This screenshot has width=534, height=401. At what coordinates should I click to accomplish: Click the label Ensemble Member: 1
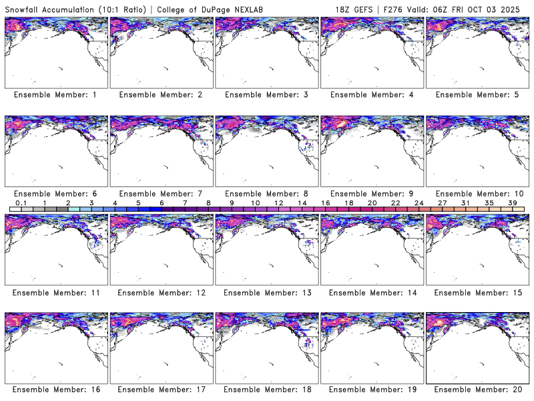coord(55,95)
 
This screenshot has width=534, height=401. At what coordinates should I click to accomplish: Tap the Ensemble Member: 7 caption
coord(161,194)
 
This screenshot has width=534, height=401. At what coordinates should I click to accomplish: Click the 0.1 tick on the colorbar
coord(21,203)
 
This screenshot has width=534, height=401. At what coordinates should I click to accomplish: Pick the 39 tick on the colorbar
coord(513,203)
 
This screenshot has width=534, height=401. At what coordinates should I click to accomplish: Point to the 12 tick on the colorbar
coord(278,203)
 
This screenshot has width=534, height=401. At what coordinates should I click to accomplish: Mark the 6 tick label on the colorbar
coord(162,203)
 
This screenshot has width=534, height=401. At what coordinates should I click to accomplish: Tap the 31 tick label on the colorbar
coord(466,203)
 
